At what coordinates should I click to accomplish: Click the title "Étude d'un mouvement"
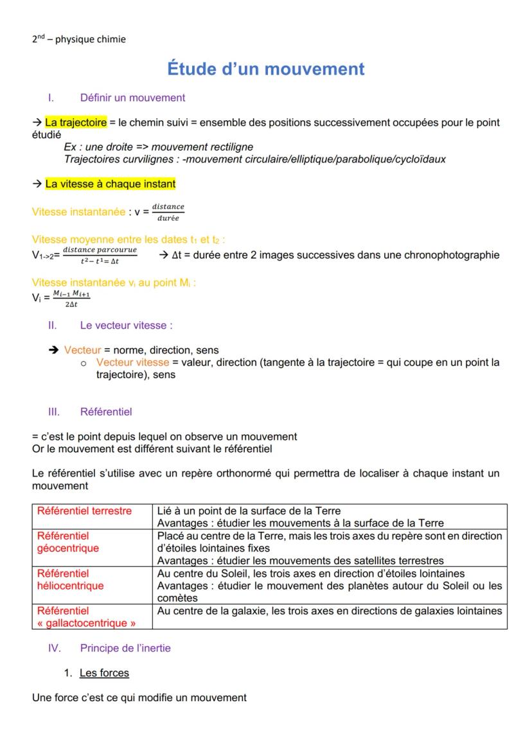click(265, 69)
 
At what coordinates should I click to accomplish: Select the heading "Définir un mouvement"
click(132, 98)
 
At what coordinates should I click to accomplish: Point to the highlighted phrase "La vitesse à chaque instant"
click(110, 184)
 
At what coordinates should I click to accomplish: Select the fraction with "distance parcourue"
click(100, 254)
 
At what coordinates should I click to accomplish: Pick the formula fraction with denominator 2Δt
click(71, 297)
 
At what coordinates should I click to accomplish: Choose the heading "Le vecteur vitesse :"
click(126, 326)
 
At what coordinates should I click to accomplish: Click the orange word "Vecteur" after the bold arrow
click(82, 350)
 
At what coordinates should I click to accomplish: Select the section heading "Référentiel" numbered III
click(106, 411)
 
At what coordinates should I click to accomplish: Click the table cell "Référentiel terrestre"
click(84, 511)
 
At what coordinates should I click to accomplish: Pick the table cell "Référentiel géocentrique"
click(68, 542)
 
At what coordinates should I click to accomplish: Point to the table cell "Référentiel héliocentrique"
click(70, 579)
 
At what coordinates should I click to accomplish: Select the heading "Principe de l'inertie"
click(125, 649)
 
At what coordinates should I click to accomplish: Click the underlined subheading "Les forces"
click(104, 673)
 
